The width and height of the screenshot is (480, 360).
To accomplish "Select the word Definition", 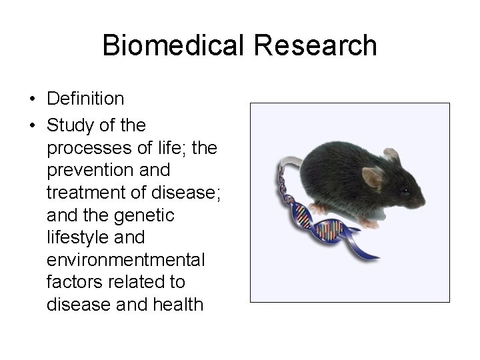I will [x=85, y=99].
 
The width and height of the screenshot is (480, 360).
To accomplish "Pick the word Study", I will [x=69, y=125].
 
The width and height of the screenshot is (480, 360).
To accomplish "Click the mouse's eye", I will [x=405, y=191].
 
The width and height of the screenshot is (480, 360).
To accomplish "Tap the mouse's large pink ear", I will [x=371, y=178].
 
